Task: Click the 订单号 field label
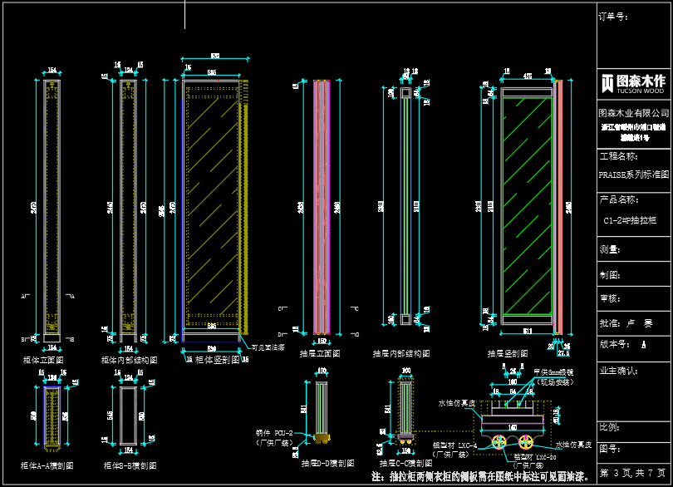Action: (x=612, y=17)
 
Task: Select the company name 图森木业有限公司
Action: (x=634, y=113)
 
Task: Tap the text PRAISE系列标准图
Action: (x=634, y=175)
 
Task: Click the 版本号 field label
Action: (x=613, y=343)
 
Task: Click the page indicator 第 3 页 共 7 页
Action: (x=633, y=472)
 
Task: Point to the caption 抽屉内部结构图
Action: (x=403, y=353)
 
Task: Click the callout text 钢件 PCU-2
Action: (x=278, y=434)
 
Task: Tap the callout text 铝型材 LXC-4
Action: (x=455, y=445)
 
